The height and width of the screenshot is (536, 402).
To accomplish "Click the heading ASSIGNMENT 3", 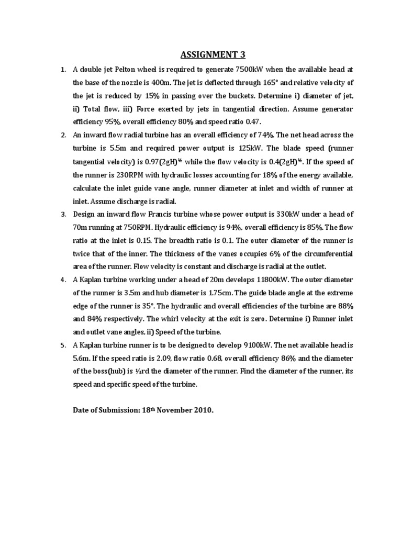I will click(x=213, y=54).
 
